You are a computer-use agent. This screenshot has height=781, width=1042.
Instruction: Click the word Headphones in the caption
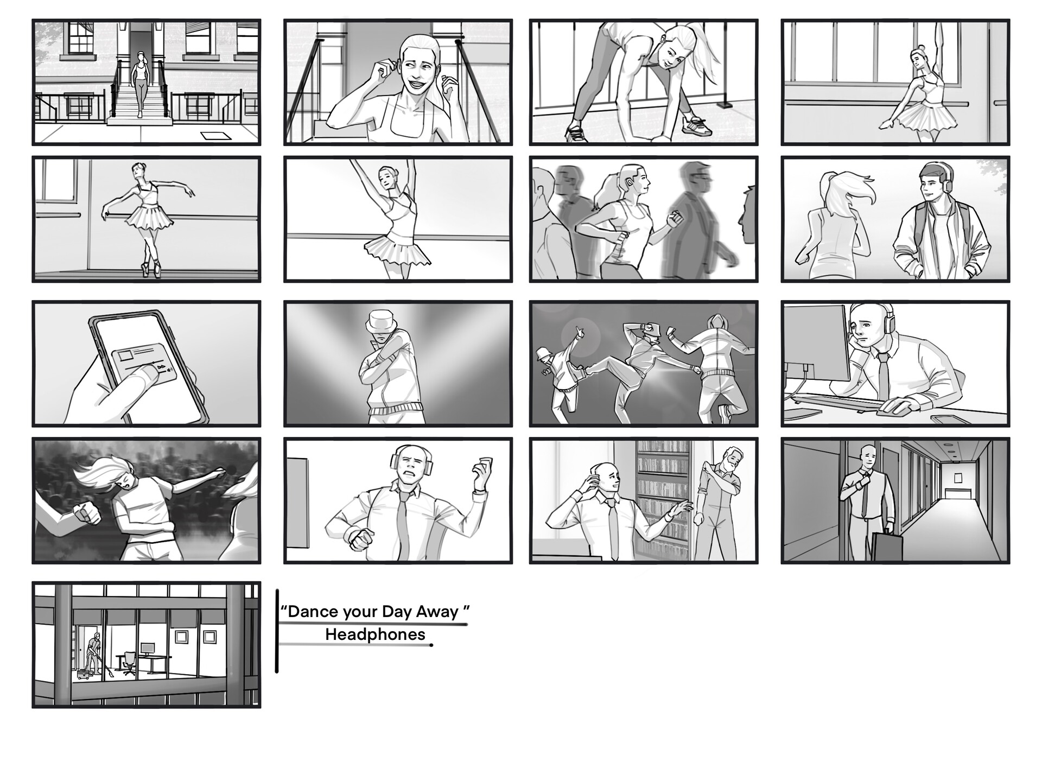click(x=375, y=634)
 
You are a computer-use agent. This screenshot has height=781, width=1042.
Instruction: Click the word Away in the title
click(x=437, y=612)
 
